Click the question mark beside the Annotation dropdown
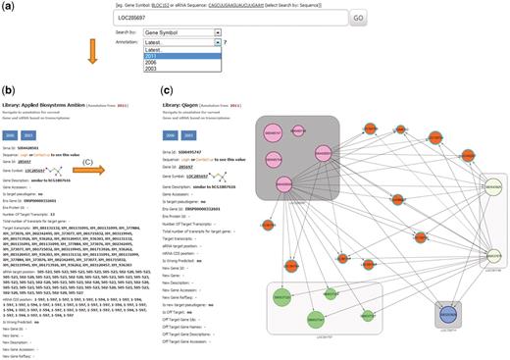pos(257,59)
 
